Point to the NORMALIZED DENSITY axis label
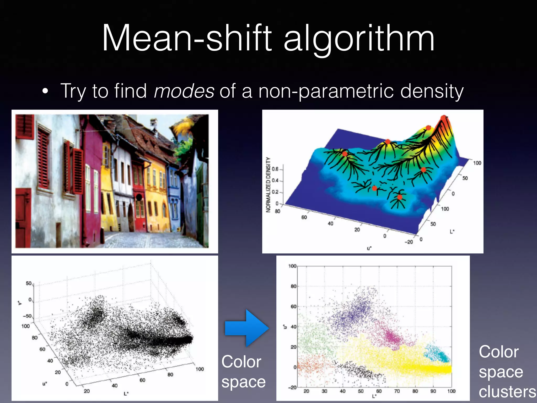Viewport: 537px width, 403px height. [268, 185]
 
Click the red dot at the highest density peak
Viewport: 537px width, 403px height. [443, 118]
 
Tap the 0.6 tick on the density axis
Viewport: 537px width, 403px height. [275, 169]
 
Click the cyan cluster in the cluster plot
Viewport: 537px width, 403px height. [437, 353]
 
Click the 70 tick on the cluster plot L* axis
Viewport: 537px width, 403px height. [397, 391]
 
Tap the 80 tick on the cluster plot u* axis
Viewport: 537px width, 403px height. [293, 286]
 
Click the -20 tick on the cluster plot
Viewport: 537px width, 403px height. [292, 388]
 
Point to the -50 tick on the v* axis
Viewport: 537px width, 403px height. [27, 316]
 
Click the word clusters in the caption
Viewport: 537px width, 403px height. [507, 392]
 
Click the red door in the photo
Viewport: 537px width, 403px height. [23, 218]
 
